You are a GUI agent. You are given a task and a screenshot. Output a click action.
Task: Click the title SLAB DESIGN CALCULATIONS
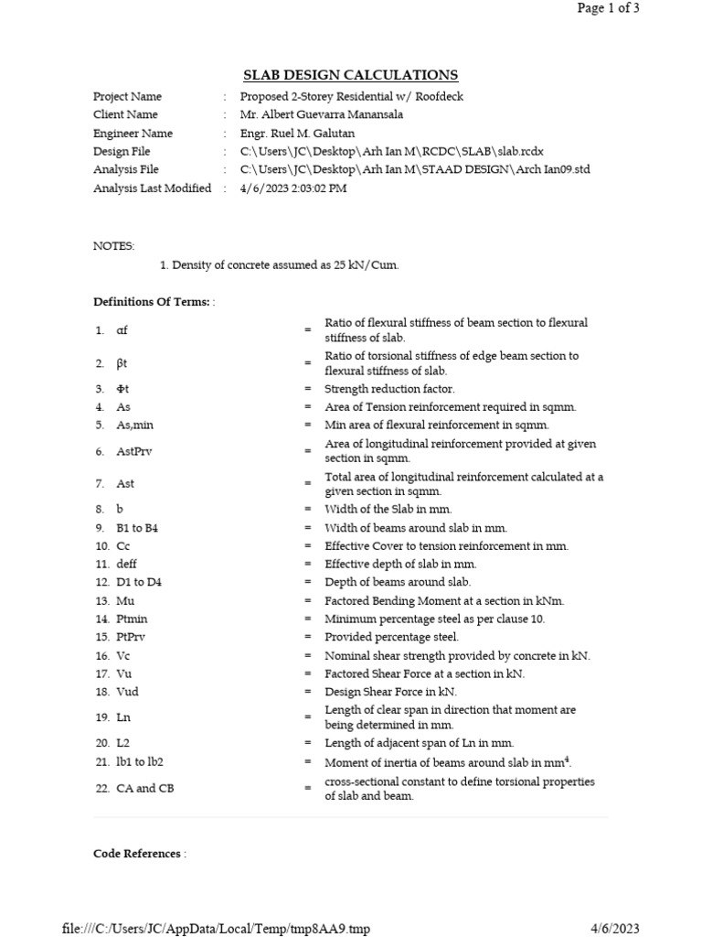[x=350, y=75]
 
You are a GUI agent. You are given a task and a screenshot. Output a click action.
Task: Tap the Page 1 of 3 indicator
[x=608, y=8]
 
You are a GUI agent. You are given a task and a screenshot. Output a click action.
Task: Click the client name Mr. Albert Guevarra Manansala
[x=321, y=115]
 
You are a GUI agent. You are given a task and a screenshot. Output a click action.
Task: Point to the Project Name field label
[x=127, y=97]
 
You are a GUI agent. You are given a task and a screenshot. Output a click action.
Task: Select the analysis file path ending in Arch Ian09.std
[x=415, y=170]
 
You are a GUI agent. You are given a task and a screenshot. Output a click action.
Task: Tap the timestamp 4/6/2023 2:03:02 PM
[x=293, y=188]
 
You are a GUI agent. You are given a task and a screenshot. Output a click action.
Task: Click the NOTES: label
[x=113, y=246]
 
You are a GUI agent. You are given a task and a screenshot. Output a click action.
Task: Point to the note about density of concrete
[x=279, y=265]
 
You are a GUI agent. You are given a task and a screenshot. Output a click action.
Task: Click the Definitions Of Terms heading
[x=152, y=302]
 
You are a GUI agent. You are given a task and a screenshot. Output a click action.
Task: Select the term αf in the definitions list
[x=122, y=330]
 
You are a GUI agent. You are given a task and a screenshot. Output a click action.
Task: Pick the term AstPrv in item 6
[x=133, y=451]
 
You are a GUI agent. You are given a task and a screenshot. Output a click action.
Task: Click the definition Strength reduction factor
[x=389, y=389]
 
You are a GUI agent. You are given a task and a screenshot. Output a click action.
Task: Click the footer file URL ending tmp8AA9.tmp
[x=217, y=929]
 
